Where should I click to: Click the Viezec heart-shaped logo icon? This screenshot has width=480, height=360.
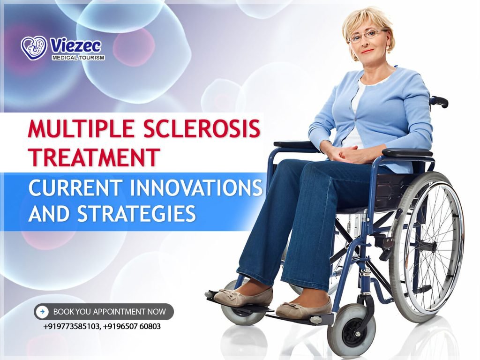34,48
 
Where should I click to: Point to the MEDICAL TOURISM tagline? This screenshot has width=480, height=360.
78,58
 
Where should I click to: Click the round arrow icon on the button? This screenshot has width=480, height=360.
43,311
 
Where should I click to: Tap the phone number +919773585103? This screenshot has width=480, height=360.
71,326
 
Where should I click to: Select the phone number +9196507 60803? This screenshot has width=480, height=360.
132,326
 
